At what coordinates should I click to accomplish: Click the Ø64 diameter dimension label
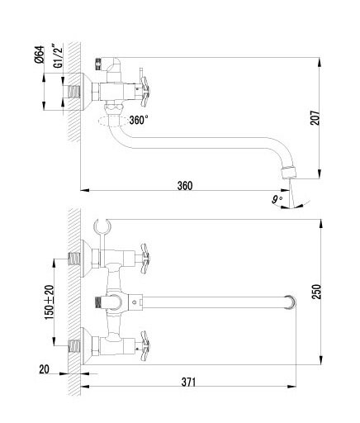coord(40,55)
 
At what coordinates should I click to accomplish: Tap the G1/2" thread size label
coord(59,58)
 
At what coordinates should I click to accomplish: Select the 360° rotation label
coord(139,120)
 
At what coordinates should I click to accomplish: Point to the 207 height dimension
coord(315,118)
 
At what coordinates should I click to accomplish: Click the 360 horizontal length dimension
coord(185,186)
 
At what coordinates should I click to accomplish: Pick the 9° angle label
coord(277,199)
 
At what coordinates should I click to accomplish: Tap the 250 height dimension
coord(316,292)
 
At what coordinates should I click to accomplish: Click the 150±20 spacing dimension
coord(50,302)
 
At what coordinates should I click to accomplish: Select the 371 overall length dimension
coord(189,382)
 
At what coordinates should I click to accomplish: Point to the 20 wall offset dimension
coord(44,369)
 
